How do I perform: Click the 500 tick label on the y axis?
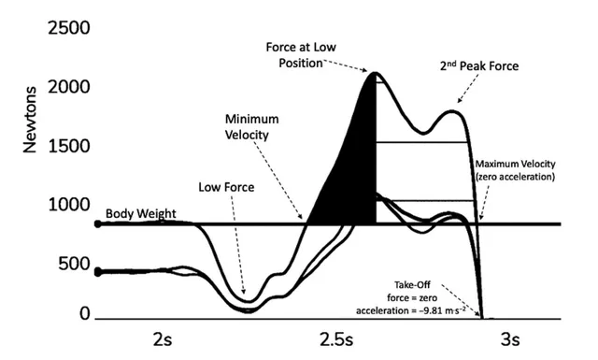(x=68, y=264)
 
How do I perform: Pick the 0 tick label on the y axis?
(x=83, y=315)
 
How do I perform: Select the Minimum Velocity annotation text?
(x=256, y=129)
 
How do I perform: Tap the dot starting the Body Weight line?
(x=98, y=224)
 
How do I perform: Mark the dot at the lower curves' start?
(x=98, y=272)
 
